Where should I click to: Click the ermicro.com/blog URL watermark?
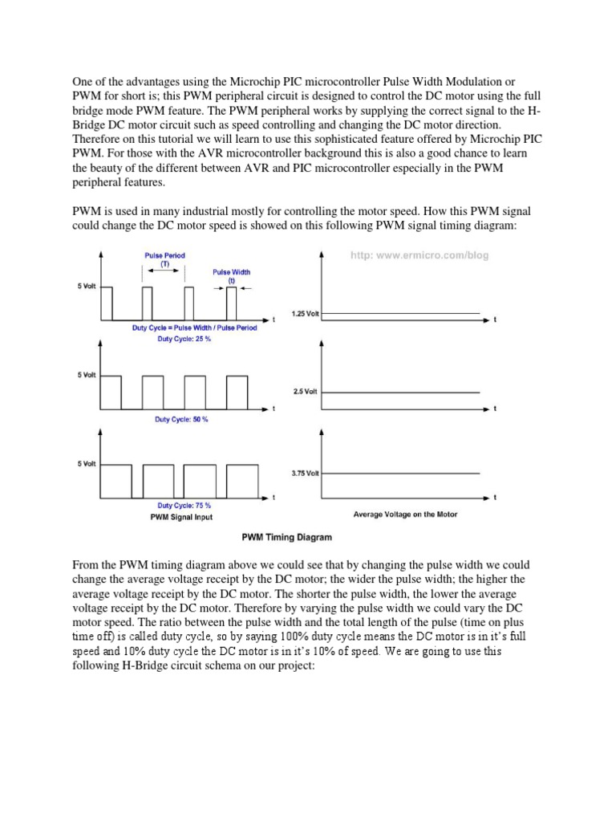pyautogui.click(x=419, y=255)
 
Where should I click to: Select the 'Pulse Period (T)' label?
pyautogui.click(x=164, y=260)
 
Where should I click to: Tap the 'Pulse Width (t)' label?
pyautogui.click(x=230, y=276)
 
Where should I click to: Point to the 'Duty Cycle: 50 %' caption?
pyautogui.click(x=181, y=421)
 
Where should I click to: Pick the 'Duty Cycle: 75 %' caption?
pyautogui.click(x=184, y=506)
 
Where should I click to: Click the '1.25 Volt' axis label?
pyautogui.click(x=306, y=314)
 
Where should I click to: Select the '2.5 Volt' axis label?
pyautogui.click(x=306, y=392)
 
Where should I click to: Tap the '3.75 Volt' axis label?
pyautogui.click(x=306, y=474)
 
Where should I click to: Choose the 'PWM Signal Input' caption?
pyautogui.click(x=182, y=518)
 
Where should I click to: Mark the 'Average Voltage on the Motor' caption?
pyautogui.click(x=405, y=514)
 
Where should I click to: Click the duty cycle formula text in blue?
pyautogui.click(x=195, y=328)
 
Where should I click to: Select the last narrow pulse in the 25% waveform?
pyautogui.click(x=232, y=303)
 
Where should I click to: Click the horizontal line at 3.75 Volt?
pyautogui.click(x=401, y=474)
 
